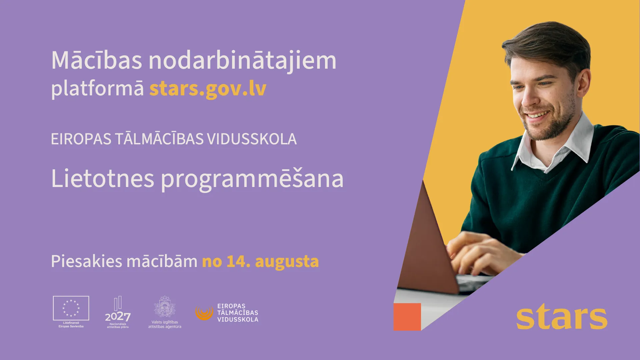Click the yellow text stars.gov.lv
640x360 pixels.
point(208,89)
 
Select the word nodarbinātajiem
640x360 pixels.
point(242,61)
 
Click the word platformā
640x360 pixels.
point(97,89)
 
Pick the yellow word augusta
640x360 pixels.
point(287,262)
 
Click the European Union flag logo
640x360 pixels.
point(71,308)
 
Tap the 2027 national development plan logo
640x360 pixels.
point(118,312)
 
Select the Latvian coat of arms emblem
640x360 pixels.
point(165,306)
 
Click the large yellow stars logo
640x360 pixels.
point(562,317)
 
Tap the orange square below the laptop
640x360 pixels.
point(407,317)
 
